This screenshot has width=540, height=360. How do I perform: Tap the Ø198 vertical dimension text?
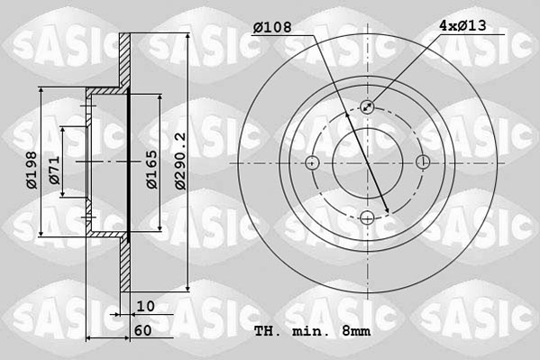(x=31, y=171)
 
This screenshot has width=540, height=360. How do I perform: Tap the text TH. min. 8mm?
(x=313, y=331)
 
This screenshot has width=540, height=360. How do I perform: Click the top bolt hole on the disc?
(x=368, y=106)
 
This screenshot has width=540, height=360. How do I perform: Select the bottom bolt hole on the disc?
(x=368, y=217)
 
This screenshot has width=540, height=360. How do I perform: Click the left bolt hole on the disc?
(x=313, y=162)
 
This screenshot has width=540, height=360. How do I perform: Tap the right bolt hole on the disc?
(x=423, y=162)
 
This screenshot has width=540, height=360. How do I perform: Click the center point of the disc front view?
(x=368, y=162)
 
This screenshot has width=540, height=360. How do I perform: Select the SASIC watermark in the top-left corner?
(x=63, y=42)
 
